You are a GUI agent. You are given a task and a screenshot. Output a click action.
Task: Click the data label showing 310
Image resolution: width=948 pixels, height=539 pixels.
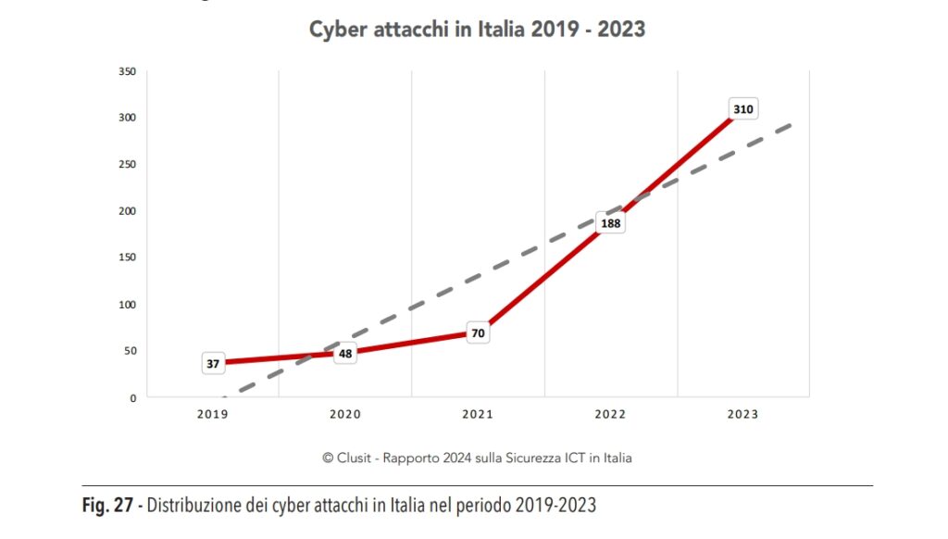742,109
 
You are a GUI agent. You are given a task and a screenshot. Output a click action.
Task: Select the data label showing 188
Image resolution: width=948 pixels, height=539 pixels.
610,223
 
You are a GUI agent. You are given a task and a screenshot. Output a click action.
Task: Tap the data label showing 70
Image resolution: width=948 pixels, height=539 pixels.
478,332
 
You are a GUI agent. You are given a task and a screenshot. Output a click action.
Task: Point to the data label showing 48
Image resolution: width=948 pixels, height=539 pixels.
345,354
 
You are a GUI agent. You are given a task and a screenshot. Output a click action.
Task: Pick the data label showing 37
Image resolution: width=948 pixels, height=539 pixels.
213,364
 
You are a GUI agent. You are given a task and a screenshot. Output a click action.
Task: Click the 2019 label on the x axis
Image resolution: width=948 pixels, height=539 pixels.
212,414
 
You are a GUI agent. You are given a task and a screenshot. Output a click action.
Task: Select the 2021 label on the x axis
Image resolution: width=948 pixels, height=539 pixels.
478,414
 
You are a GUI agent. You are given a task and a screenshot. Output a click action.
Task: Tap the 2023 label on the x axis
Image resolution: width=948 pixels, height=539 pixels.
742,414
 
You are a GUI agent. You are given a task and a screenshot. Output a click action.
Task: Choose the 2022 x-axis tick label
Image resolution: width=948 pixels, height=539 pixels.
610,414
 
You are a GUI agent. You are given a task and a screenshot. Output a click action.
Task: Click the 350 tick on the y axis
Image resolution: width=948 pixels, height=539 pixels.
127,70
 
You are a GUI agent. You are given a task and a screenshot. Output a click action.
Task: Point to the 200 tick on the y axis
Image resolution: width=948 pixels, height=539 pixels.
127,211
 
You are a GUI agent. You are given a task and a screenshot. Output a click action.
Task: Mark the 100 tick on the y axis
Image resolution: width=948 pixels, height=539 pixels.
127,305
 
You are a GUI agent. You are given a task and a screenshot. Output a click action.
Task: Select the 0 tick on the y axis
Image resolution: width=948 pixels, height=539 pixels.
132,398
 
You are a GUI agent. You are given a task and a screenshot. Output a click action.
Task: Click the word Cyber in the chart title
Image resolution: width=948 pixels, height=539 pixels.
336,30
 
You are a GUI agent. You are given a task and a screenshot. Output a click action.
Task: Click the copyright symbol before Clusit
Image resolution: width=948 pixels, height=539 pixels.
327,458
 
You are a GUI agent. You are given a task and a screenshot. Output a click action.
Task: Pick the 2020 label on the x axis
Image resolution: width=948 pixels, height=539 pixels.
345,414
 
